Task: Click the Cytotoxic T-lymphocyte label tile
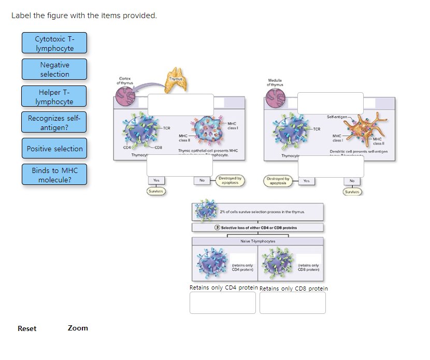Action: pyautogui.click(x=54, y=43)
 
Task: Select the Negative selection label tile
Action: pyautogui.click(x=54, y=69)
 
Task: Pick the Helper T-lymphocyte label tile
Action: pyautogui.click(x=54, y=97)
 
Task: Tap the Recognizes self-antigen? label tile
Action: pyautogui.click(x=54, y=123)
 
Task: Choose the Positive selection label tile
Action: pyautogui.click(x=54, y=149)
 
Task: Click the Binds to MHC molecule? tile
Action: pyautogui.click(x=54, y=175)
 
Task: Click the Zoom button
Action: pyautogui.click(x=78, y=328)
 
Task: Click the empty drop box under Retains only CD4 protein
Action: pyautogui.click(x=223, y=303)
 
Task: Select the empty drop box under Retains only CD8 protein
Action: pyautogui.click(x=293, y=303)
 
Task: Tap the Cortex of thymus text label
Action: pyautogui.click(x=124, y=81)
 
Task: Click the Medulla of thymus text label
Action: pyautogui.click(x=275, y=82)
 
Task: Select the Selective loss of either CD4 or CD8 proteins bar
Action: pyautogui.click(x=257, y=227)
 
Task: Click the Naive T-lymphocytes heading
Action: pyautogui.click(x=257, y=241)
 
